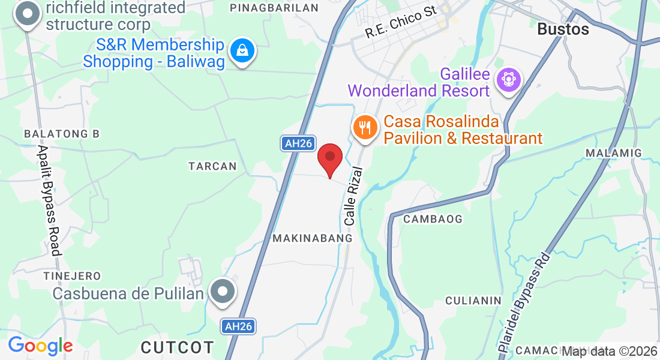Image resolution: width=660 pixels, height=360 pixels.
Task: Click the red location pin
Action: pos(329,158)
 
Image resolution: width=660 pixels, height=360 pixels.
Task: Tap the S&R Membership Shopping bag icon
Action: pos(242,52)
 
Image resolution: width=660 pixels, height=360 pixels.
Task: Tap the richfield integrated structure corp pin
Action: pos(27,14)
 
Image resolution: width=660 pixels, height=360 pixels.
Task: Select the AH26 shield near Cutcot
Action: pos(238,326)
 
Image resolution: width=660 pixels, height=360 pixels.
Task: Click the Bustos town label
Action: pos(563,29)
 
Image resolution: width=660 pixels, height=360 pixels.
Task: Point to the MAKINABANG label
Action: pos(312,238)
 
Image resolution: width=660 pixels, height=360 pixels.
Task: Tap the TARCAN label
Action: pos(212,166)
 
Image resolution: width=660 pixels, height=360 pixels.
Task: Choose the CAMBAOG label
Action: pos(433,219)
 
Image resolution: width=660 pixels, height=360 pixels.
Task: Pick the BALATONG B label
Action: pos(61,133)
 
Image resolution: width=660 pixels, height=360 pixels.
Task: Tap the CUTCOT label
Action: pos(177,347)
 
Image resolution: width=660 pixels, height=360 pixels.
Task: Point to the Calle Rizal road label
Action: pos(354,196)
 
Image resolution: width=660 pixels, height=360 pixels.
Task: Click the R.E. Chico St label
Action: pos(401,24)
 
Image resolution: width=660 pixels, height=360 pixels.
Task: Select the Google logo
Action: pos(40,346)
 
